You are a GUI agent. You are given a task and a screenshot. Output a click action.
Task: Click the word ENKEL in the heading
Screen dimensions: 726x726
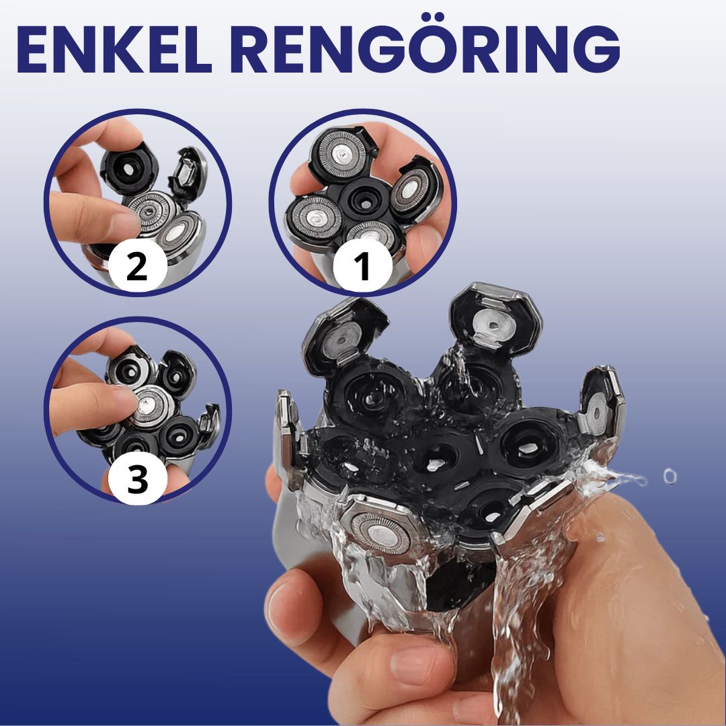coord(114,49)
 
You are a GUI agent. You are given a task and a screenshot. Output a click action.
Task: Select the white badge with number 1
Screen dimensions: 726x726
coord(362,266)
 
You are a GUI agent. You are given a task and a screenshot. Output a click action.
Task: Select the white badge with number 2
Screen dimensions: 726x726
coord(138,266)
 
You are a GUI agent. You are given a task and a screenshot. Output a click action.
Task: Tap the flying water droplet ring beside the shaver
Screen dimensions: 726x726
coord(670,477)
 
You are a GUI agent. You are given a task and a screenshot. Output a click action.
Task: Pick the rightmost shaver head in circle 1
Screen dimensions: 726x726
coord(413,190)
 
